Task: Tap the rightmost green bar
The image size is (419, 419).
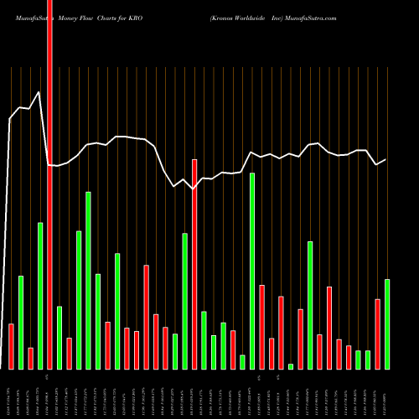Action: [387, 323]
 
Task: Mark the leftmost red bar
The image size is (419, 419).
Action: [11, 346]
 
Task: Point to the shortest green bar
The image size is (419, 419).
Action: [291, 366]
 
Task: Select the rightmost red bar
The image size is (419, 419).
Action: [377, 334]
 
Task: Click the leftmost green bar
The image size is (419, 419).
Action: [21, 322]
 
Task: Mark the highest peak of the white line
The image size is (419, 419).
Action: [39, 92]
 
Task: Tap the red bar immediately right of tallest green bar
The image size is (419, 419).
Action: [261, 327]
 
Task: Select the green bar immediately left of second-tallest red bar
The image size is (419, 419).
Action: [184, 301]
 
